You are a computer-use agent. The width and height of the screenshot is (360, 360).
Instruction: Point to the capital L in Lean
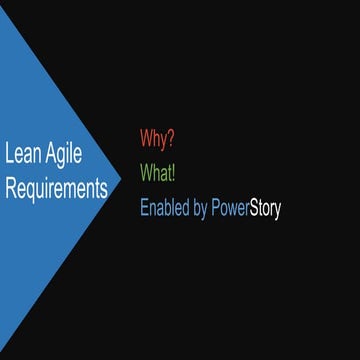(9, 155)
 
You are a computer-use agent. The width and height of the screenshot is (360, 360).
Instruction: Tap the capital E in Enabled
(144, 210)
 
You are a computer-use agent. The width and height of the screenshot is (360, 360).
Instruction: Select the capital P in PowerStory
(216, 210)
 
